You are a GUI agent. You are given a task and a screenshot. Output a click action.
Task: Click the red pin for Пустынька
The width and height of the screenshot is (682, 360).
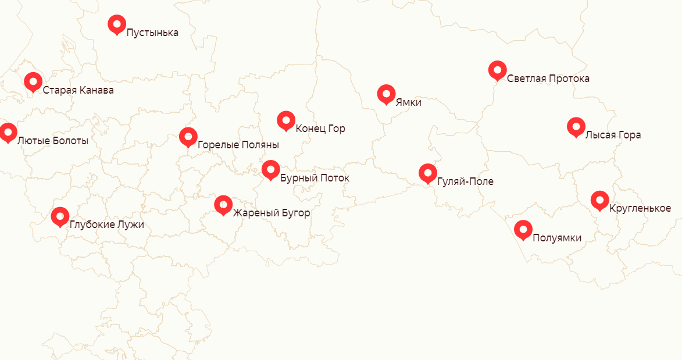click(x=117, y=24)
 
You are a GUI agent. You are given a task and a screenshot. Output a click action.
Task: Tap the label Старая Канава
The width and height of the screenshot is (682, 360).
click(x=78, y=91)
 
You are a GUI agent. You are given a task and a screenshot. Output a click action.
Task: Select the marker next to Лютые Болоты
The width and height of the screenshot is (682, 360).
click(x=8, y=132)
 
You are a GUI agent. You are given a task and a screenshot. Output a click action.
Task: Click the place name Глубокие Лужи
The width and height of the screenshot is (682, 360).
click(x=106, y=224)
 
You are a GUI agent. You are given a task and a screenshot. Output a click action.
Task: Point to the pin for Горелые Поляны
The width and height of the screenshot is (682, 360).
click(x=188, y=137)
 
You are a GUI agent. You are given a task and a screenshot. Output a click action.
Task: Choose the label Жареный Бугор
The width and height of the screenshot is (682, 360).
click(x=272, y=213)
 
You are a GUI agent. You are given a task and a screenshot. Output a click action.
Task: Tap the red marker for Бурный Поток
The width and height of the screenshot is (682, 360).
click(x=270, y=170)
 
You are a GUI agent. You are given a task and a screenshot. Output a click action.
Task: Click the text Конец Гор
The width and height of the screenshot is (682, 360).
click(x=320, y=129)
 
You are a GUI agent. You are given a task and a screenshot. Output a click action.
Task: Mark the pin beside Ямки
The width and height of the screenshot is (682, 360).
click(x=386, y=94)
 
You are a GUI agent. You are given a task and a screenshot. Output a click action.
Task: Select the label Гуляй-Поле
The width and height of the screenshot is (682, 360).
click(x=465, y=181)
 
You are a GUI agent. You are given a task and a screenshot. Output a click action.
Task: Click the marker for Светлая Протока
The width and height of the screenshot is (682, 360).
click(x=497, y=70)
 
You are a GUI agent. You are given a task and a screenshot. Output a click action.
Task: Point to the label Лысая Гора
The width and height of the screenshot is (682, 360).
click(x=613, y=135)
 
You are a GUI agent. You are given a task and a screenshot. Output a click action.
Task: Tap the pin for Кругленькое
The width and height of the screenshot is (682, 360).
click(x=599, y=200)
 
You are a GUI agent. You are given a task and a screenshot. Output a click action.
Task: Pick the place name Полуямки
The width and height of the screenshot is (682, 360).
click(x=556, y=237)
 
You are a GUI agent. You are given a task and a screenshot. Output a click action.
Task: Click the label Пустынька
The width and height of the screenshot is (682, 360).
click(x=152, y=33)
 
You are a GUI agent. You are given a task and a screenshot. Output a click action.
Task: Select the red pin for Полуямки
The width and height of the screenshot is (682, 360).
click(x=523, y=229)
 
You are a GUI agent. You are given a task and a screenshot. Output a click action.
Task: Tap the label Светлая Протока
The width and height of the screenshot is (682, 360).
click(x=548, y=79)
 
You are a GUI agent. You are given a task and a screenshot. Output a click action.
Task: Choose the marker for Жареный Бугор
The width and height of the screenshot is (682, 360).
click(x=223, y=205)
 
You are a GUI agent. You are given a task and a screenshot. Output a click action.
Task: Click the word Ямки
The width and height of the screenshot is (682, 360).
click(x=408, y=102)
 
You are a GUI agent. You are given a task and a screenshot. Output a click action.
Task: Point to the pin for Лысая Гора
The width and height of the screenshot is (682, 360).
click(x=576, y=127)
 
